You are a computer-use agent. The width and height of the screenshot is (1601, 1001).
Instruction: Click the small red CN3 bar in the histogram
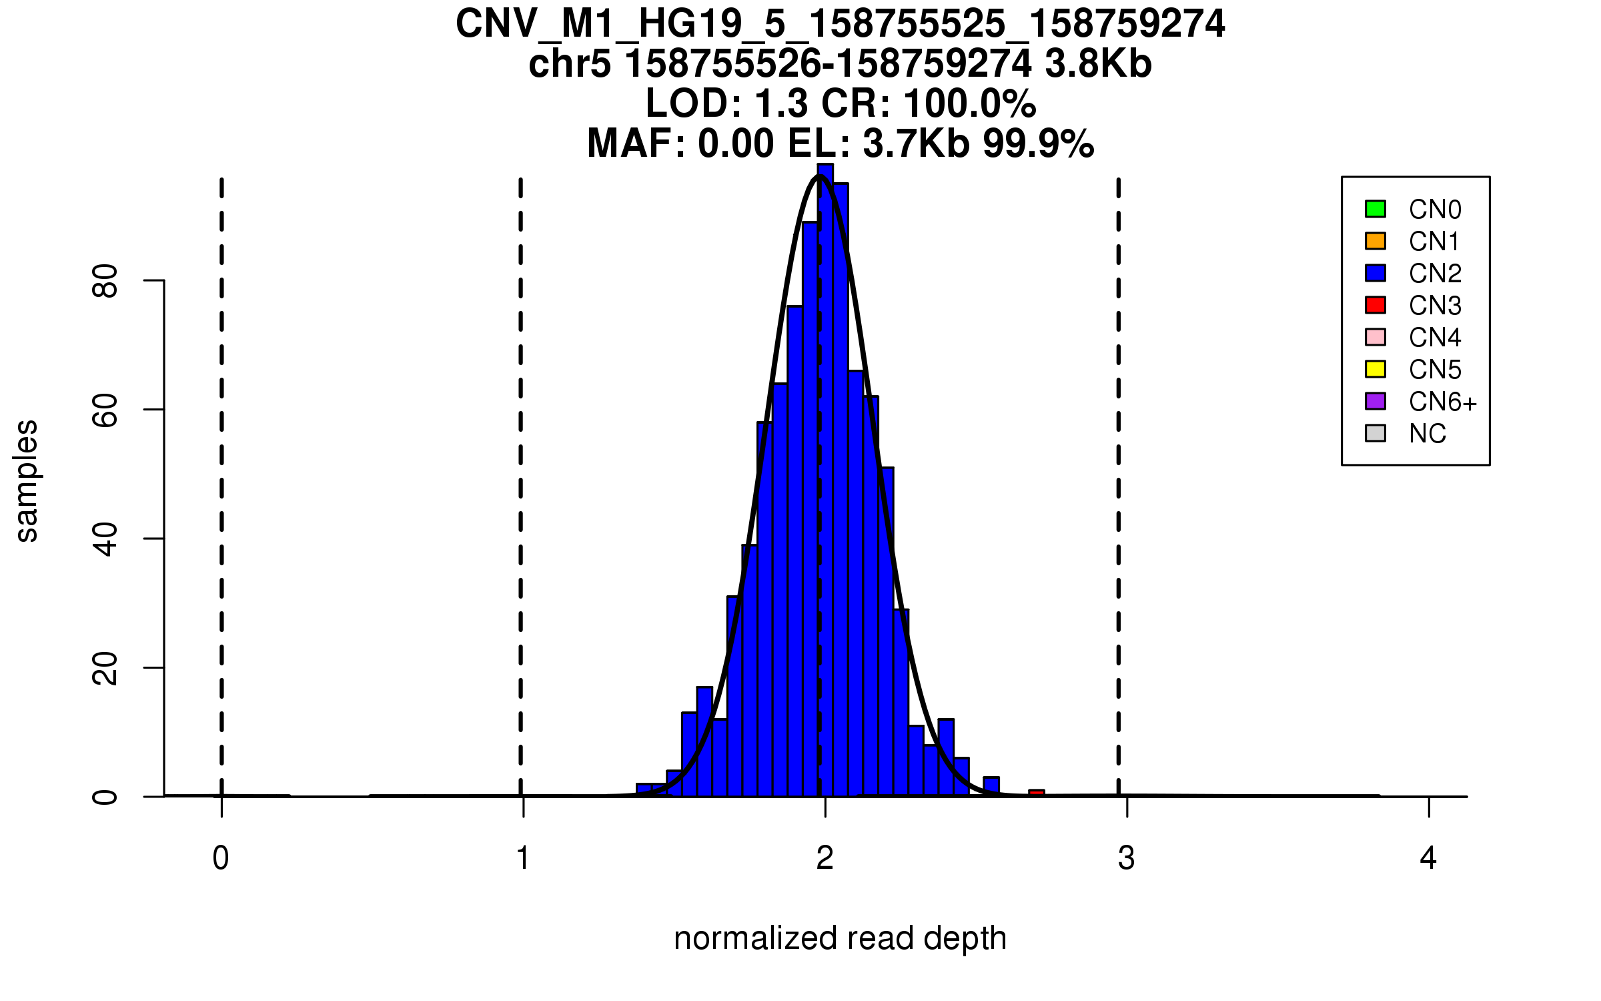[x=1036, y=793]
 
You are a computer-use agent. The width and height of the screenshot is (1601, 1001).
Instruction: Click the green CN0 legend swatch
[x=1376, y=209]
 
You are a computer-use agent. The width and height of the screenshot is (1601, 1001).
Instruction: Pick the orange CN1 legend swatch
[x=1376, y=241]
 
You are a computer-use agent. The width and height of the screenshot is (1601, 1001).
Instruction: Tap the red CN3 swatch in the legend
[x=1376, y=305]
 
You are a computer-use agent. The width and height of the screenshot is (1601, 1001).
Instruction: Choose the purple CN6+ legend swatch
[x=1376, y=401]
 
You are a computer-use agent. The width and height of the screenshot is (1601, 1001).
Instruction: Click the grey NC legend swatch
[x=1376, y=433]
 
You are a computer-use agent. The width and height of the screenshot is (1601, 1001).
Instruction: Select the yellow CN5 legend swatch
[x=1376, y=369]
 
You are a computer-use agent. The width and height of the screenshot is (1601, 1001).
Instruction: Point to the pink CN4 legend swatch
[x=1376, y=337]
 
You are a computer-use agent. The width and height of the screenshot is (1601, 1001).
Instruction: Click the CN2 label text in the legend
[x=1435, y=274]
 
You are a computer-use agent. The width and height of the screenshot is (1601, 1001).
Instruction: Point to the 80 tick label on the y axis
[x=105, y=281]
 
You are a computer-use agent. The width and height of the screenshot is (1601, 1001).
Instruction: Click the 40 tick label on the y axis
[x=105, y=539]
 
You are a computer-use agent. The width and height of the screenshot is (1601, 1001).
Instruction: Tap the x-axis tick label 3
[x=1127, y=858]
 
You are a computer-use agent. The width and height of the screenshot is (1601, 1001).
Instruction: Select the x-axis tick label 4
[x=1428, y=858]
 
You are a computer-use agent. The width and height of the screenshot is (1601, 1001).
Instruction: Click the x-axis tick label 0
[x=221, y=858]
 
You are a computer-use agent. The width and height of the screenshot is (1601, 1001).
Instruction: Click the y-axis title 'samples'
[x=27, y=480]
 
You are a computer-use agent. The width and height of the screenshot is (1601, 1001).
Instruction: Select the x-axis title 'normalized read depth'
[x=840, y=938]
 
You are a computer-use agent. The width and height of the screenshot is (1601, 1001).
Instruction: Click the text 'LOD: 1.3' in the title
[x=726, y=104]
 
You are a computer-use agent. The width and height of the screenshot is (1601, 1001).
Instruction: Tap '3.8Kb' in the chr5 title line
[x=1098, y=64]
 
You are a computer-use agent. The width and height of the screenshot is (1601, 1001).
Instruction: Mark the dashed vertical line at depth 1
[x=520, y=467]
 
